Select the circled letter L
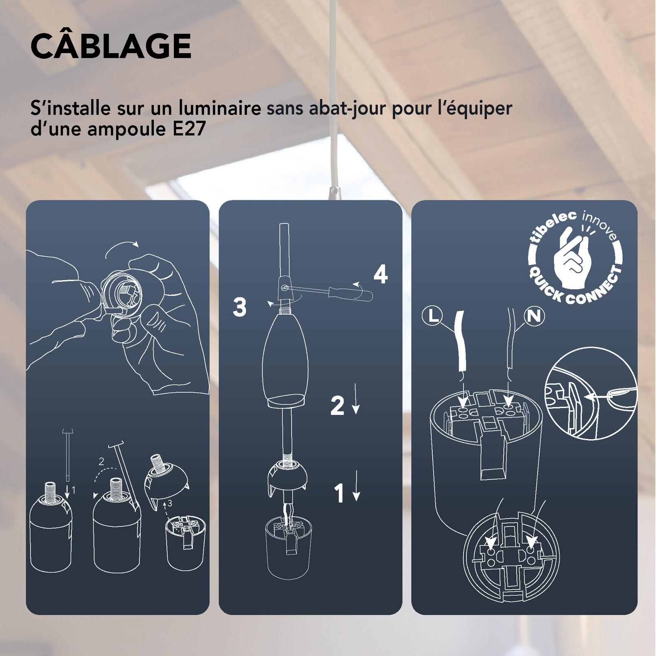click(432, 316)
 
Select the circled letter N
click(534, 316)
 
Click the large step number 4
click(380, 274)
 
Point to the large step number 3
click(239, 307)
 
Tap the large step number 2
click(337, 406)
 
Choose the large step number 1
click(339, 493)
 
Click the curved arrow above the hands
click(121, 247)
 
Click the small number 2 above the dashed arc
click(102, 462)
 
